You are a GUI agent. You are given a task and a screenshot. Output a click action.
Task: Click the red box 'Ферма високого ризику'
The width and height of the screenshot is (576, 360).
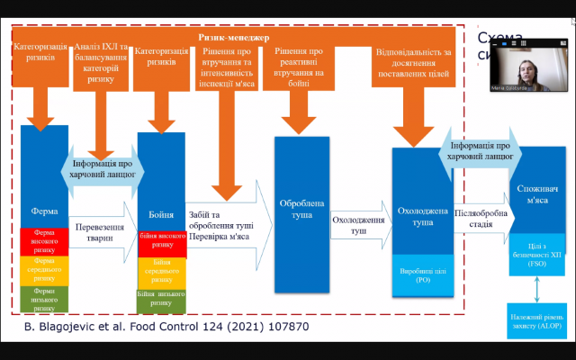point(44,240)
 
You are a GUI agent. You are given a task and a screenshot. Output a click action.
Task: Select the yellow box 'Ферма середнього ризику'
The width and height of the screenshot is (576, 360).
point(44,269)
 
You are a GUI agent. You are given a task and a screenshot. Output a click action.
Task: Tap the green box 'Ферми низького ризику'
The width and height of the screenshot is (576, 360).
point(44,297)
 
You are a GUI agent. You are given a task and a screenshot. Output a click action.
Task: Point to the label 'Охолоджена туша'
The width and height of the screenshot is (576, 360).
point(422,216)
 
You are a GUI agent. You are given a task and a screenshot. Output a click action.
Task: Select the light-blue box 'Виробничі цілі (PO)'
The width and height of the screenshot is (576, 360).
point(422,274)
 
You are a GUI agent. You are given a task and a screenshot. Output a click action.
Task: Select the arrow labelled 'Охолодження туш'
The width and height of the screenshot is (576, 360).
point(359,224)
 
